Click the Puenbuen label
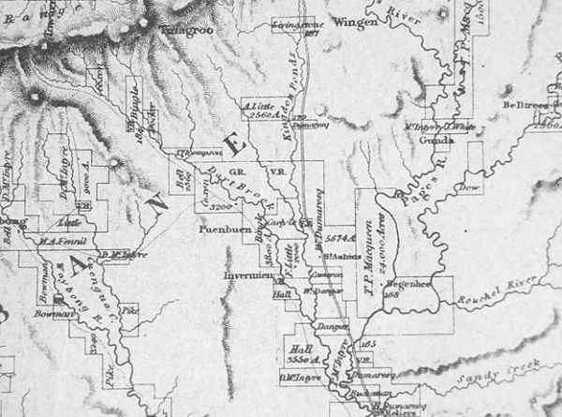coord(221,228)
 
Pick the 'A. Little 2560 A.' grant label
coord(258,112)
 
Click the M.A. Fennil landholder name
coord(60,241)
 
